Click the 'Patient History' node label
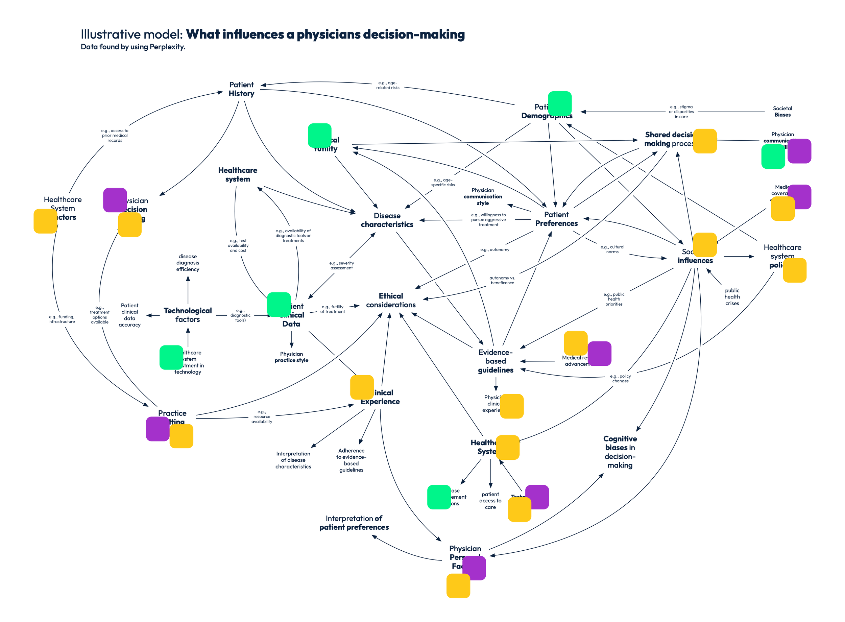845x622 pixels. [x=241, y=89]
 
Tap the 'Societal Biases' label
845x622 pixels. [x=782, y=112]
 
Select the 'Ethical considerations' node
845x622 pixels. [x=391, y=301]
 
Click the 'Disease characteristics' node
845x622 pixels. [x=387, y=220]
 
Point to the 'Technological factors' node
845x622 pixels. [x=188, y=315]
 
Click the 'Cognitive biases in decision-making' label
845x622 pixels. [x=620, y=452]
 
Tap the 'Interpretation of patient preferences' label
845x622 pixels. [x=354, y=523]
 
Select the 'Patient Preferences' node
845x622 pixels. [x=556, y=219]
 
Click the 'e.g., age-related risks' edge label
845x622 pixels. [x=388, y=85]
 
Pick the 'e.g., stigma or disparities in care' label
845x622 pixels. [x=681, y=112]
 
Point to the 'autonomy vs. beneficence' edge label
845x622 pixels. [x=502, y=280]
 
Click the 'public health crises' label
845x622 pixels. [x=732, y=297]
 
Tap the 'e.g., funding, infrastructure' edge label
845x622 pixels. [x=62, y=319]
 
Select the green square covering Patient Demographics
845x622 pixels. [x=560, y=103]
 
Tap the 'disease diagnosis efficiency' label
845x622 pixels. [x=188, y=263]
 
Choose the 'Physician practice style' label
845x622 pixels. [x=291, y=357]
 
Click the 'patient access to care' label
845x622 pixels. [x=490, y=501]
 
